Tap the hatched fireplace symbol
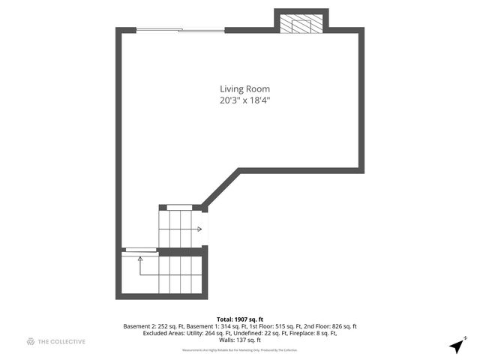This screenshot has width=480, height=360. tap(301, 24)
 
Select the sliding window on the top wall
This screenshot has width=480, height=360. tap(180, 31)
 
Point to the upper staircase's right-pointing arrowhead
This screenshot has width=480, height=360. tap(199, 229)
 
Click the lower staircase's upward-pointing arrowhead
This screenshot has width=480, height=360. tap(140, 259)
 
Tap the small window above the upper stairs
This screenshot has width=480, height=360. tap(179, 207)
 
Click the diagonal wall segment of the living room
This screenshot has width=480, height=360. tap(220, 187)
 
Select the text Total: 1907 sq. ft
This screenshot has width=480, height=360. tap(240, 318)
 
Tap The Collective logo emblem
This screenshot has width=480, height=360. tap(31, 342)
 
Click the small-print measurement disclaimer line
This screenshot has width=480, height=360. tap(240, 349)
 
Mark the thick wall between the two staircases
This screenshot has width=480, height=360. tap(180, 251)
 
